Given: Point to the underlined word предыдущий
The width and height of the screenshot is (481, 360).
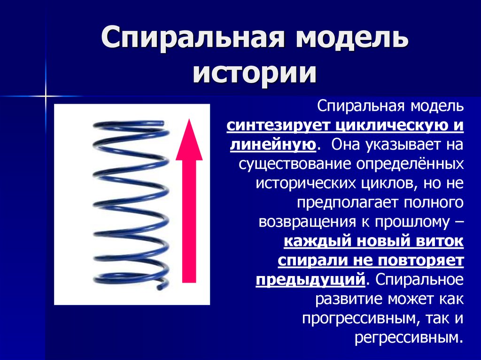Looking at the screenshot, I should click(x=310, y=279).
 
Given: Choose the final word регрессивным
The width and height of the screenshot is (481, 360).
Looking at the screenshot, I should click(x=406, y=337).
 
